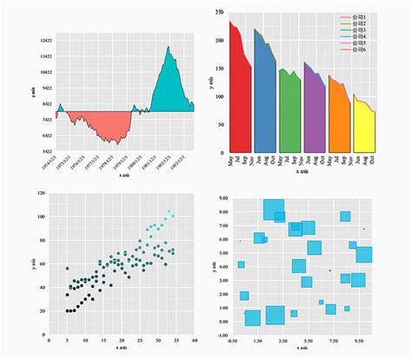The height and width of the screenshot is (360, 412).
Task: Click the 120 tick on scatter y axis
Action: click(x=41, y=192)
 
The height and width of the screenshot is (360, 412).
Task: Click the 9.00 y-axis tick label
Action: click(x=223, y=198)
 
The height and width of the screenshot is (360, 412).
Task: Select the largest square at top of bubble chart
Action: click(x=273, y=210)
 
